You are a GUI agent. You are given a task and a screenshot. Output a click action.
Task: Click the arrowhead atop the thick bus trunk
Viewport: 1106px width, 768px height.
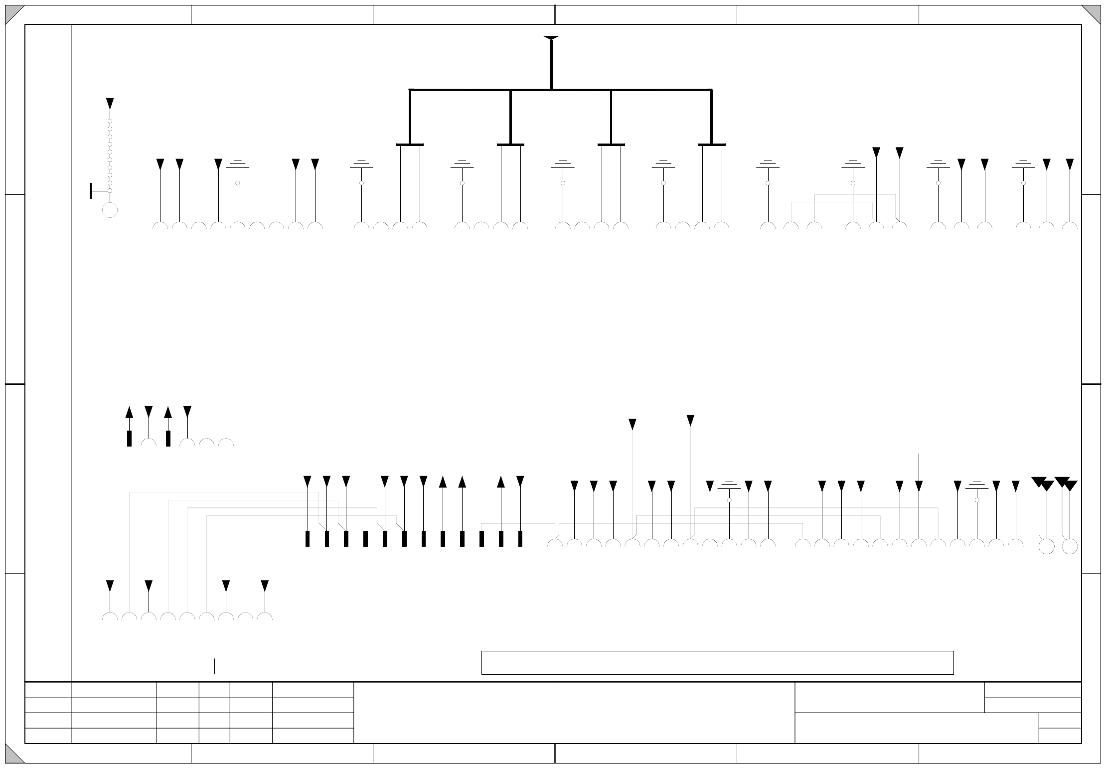point(551,37)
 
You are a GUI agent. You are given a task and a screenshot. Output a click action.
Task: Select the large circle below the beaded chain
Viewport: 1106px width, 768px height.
point(110,210)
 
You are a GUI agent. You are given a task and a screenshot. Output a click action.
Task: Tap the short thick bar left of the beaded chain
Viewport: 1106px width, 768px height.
point(91,191)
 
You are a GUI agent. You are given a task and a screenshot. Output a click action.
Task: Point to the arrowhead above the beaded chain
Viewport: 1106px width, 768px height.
point(110,103)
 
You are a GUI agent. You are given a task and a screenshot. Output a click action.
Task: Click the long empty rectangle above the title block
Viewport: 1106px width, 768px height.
point(717,662)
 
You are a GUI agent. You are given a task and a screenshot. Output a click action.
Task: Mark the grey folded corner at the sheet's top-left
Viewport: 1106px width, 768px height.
point(13,13)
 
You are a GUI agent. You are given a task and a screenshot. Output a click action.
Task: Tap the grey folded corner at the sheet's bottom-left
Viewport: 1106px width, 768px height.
point(13,755)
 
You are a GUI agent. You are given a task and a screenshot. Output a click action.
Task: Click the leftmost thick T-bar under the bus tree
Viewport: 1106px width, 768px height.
point(410,145)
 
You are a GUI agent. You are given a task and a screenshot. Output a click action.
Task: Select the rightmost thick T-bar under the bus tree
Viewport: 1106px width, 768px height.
point(712,145)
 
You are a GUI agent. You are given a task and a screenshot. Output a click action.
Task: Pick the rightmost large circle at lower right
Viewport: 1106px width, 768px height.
point(1070,547)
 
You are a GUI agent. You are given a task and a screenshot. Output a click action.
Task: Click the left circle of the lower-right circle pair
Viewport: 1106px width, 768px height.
point(1047,547)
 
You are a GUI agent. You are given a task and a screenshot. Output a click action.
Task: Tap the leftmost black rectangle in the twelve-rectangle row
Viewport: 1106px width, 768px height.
point(308,539)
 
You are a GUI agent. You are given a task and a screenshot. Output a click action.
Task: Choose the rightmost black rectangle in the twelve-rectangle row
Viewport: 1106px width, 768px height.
point(520,539)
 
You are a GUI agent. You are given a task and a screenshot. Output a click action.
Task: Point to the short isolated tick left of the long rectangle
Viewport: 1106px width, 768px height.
point(214,666)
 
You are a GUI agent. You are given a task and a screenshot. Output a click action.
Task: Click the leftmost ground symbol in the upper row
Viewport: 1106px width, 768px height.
point(238,164)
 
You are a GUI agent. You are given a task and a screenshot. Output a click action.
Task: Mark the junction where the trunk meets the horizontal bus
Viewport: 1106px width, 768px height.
point(551,90)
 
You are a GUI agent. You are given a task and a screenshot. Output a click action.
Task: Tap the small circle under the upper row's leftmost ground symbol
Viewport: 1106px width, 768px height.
point(238,183)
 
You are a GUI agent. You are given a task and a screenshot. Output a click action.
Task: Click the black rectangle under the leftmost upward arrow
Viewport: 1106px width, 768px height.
point(130,439)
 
